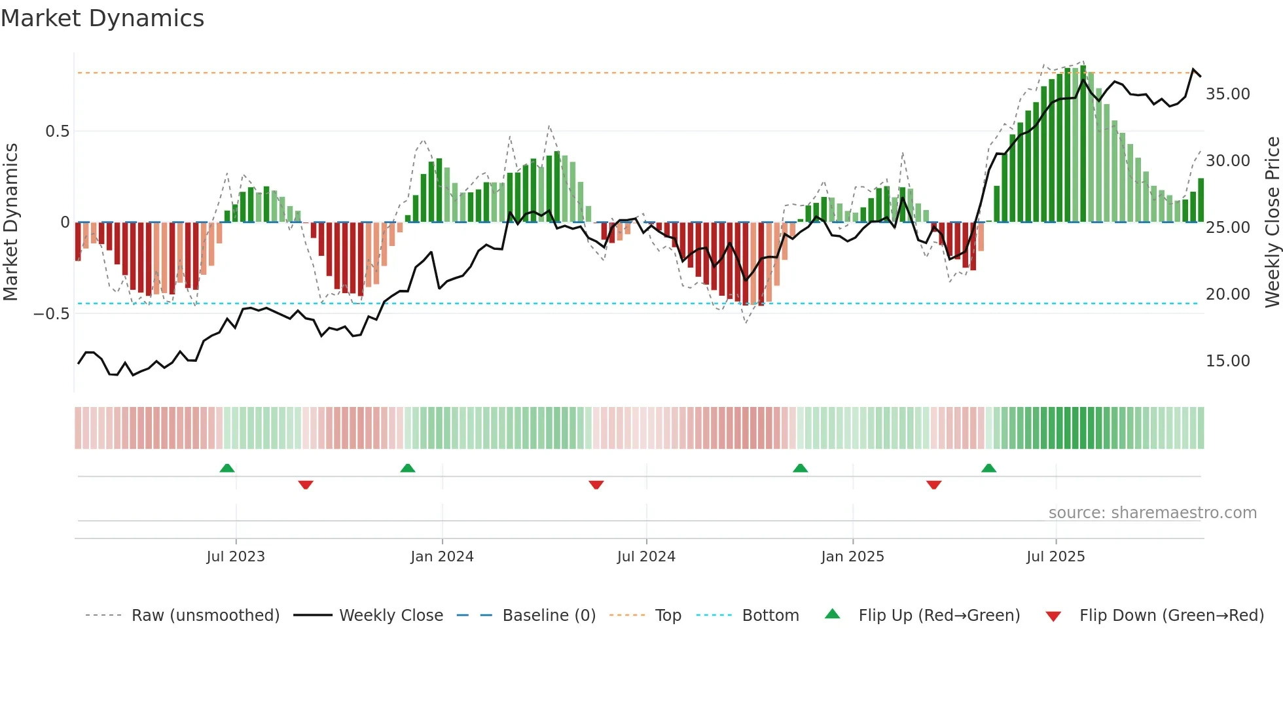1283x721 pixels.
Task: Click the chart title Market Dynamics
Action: tap(102, 18)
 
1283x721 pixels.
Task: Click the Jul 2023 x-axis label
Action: tap(236, 557)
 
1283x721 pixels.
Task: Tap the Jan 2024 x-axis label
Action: tap(442, 557)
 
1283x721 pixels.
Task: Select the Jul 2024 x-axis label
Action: tap(646, 557)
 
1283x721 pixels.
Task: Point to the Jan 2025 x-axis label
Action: tap(852, 557)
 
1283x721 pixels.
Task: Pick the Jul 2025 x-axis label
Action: tap(1055, 557)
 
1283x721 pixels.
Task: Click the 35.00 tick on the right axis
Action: tap(1227, 94)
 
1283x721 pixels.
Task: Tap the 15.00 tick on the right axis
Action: tap(1227, 361)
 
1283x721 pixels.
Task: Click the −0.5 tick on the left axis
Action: tap(51, 314)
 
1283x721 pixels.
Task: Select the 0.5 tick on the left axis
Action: tap(57, 132)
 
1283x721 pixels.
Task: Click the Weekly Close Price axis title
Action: tap(1272, 222)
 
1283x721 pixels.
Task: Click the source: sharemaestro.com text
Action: tap(1152, 513)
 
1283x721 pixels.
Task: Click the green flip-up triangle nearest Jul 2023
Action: tap(227, 468)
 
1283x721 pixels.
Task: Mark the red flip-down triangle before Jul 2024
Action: tap(596, 485)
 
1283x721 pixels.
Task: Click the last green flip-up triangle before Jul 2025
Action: tap(988, 468)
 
